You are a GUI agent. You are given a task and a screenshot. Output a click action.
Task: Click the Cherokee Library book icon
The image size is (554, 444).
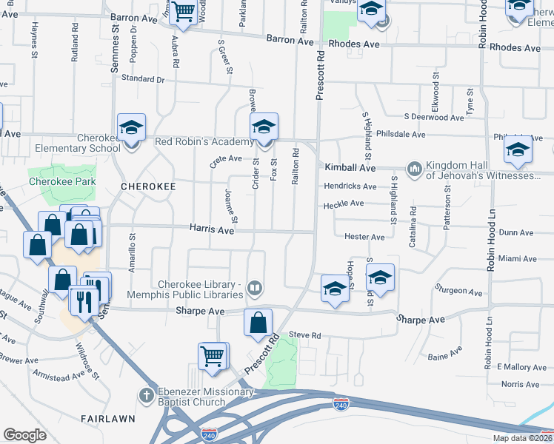click(255, 287)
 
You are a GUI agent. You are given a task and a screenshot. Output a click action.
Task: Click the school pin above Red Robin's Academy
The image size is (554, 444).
click(263, 127)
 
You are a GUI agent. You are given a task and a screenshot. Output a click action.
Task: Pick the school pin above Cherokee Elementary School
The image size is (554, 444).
click(131, 129)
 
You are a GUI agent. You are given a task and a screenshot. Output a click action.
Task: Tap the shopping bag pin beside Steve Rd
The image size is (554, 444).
click(258, 323)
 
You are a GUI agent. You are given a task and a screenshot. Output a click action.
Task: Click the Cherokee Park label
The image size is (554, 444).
click(61, 181)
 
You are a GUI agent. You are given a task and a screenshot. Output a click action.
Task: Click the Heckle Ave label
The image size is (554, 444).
click(344, 203)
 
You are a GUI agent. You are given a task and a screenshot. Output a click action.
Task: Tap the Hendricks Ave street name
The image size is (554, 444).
click(350, 186)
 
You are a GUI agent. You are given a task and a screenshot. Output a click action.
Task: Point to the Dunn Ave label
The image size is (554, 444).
click(516, 232)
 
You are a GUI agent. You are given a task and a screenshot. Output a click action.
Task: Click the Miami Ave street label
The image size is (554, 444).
click(517, 259)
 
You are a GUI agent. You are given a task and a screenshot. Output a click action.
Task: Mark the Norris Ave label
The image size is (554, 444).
click(520, 384)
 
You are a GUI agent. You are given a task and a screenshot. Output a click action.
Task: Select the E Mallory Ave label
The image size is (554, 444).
click(521, 367)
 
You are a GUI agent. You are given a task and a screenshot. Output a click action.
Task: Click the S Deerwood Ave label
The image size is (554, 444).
click(434, 117)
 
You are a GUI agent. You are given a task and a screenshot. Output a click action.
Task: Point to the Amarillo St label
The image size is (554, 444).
click(132, 255)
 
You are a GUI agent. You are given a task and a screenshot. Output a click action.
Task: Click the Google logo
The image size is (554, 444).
click(24, 435)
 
